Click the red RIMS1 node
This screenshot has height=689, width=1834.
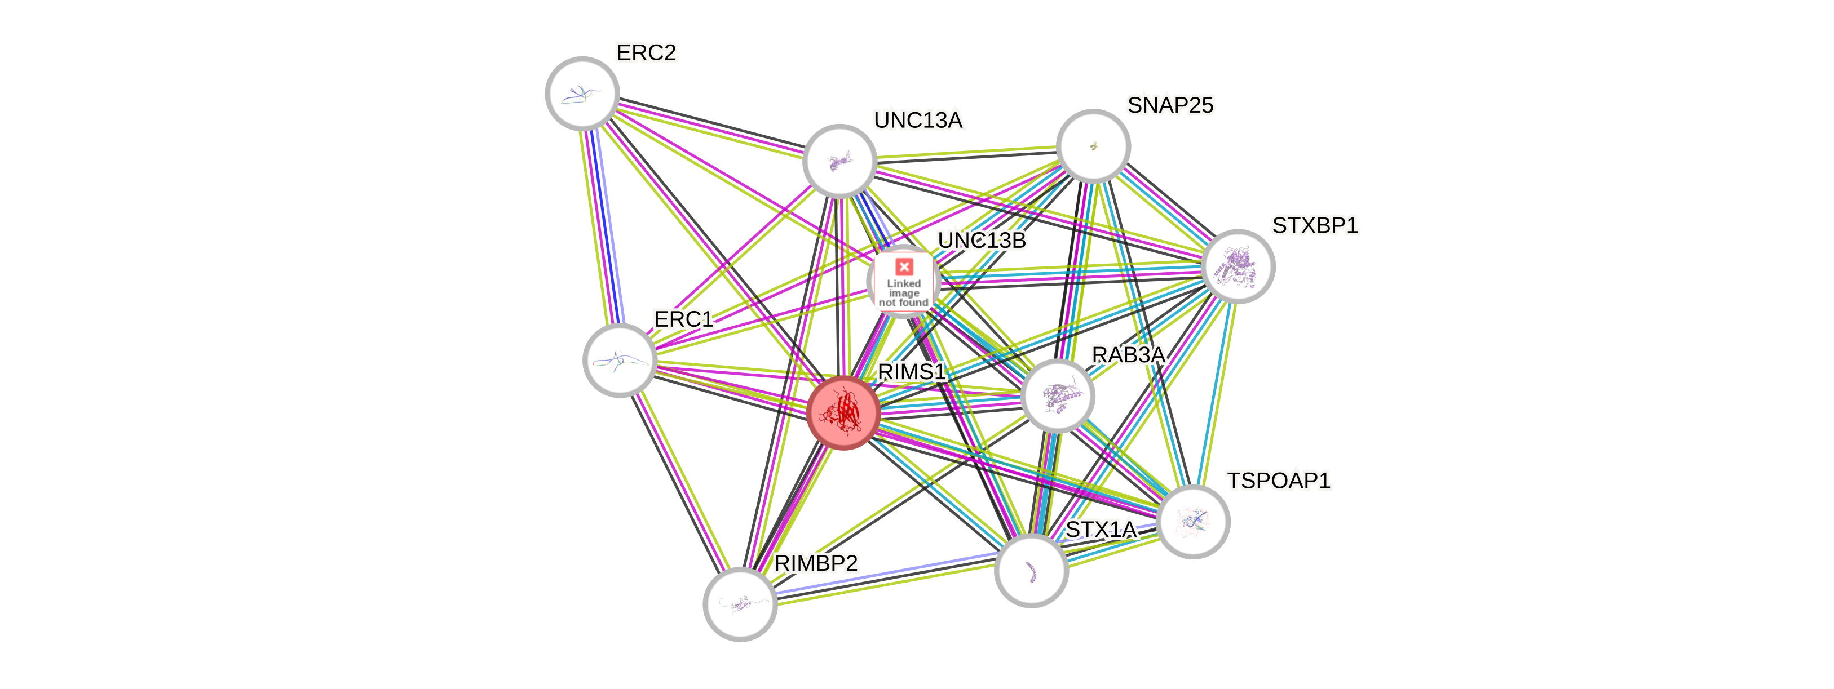(843, 413)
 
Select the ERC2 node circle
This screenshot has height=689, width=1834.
(582, 94)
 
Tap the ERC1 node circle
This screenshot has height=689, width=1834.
(620, 360)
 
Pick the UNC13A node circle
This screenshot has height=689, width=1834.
(839, 161)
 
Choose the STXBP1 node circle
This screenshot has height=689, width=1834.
(1238, 266)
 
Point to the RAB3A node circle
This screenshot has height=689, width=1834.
(1057, 395)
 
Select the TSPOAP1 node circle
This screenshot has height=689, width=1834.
(1193, 521)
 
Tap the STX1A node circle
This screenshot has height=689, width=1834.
(1031, 570)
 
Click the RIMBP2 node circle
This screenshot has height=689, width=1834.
(740, 604)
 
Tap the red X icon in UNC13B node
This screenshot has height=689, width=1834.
(904, 267)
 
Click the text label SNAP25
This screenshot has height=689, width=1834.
(1170, 105)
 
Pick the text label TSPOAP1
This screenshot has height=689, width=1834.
(1278, 481)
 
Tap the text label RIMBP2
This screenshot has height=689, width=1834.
(816, 564)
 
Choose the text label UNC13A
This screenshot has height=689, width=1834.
(918, 121)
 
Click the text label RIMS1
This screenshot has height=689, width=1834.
(911, 372)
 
